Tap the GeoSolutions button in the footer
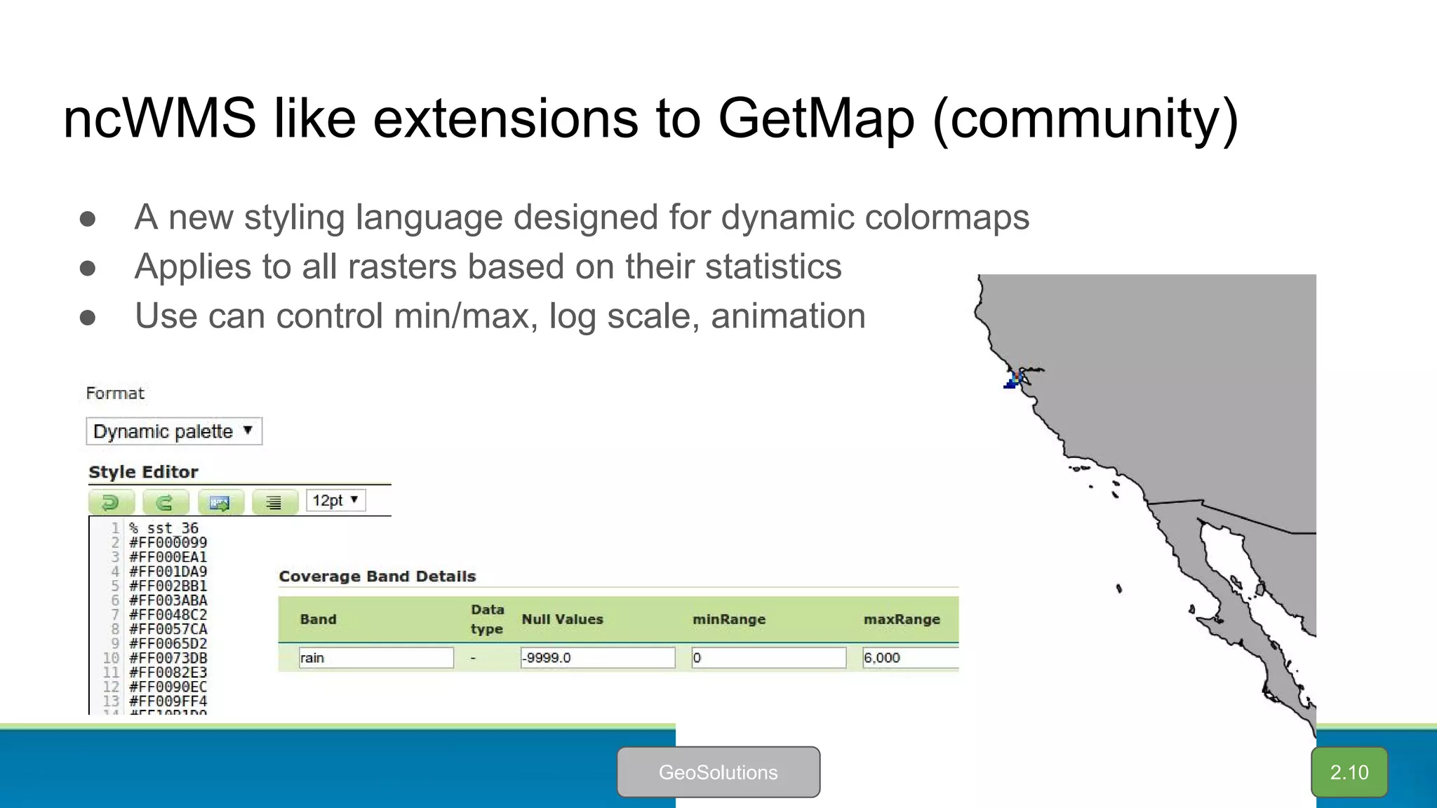point(718,772)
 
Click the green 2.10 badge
point(1349,772)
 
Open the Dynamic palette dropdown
point(174,431)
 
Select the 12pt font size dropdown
point(335,501)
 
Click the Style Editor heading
point(143,472)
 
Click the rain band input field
point(376,658)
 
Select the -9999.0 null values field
point(597,658)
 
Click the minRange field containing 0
point(768,658)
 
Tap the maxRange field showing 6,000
point(909,658)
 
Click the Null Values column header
point(562,619)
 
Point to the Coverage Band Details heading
point(377,577)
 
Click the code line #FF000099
point(168,543)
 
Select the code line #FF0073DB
point(168,658)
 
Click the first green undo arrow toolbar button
point(111,502)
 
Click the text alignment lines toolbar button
point(274,502)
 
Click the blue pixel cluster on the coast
point(1010,382)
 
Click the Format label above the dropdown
point(115,393)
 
